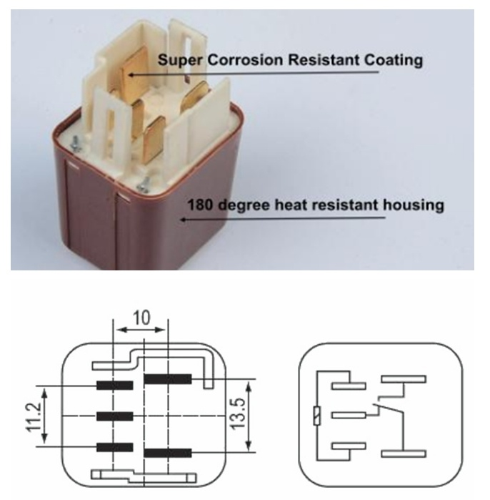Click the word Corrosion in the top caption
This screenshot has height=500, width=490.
245,60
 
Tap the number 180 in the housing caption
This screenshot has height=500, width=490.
199,205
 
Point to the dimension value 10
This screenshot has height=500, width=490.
141,318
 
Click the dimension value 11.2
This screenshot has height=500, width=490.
33,416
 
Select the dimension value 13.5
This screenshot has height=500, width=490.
239,414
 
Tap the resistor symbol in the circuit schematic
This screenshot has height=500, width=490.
317,416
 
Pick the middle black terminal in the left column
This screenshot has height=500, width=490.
114,416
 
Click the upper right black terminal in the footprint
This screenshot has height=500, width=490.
168,379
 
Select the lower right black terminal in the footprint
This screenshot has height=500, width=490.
168,453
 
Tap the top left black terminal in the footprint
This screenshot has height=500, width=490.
114,386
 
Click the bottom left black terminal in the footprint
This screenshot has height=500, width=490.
114,447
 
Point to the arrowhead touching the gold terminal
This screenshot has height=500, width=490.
131,75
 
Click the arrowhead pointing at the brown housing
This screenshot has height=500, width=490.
184,220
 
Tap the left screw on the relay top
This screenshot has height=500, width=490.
76,144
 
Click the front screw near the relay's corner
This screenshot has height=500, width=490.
143,185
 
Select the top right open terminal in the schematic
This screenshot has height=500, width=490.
404,379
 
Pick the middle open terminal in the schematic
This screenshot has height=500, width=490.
349,415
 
